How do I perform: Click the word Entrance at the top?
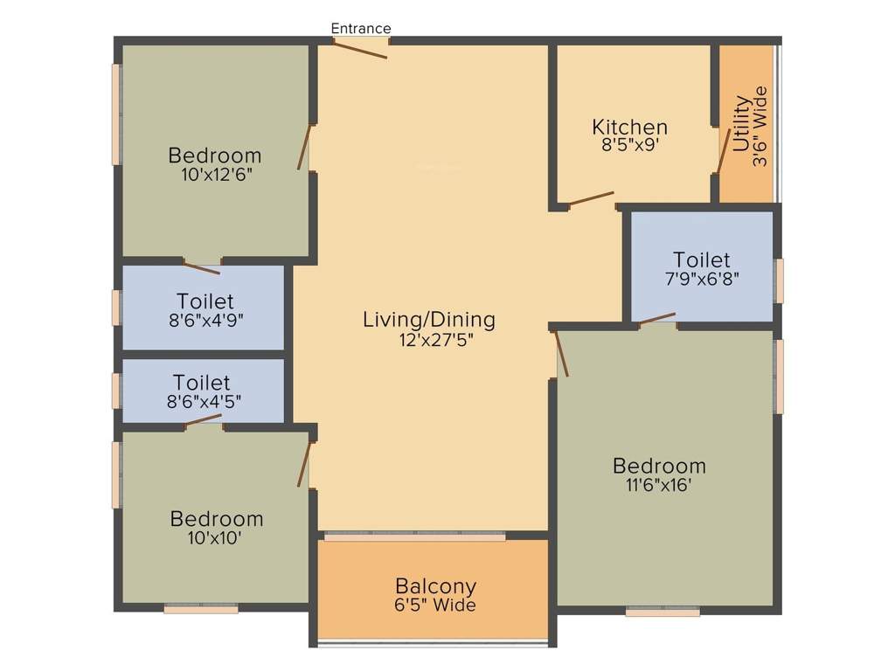tap(360, 28)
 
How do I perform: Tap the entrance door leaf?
tap(360, 50)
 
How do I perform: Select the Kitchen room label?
tap(629, 128)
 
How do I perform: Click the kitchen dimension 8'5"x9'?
tap(629, 146)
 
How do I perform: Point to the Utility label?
tap(741, 125)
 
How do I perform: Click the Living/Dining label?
tap(429, 320)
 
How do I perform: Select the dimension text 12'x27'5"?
tap(429, 339)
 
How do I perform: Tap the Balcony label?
tap(435, 585)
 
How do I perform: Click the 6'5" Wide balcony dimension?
tap(435, 605)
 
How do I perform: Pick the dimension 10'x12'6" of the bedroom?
tap(214, 175)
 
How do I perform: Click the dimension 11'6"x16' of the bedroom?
tap(659, 485)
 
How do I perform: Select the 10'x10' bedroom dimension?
tap(215, 538)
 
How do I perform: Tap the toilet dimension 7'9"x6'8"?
tap(701, 279)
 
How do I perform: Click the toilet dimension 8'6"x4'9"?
tap(205, 320)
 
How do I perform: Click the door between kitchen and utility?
tap(723, 151)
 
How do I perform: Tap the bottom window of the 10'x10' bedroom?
tap(201, 609)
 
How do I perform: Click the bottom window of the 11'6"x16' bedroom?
tap(663, 612)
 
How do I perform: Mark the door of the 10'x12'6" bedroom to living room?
tap(304, 148)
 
